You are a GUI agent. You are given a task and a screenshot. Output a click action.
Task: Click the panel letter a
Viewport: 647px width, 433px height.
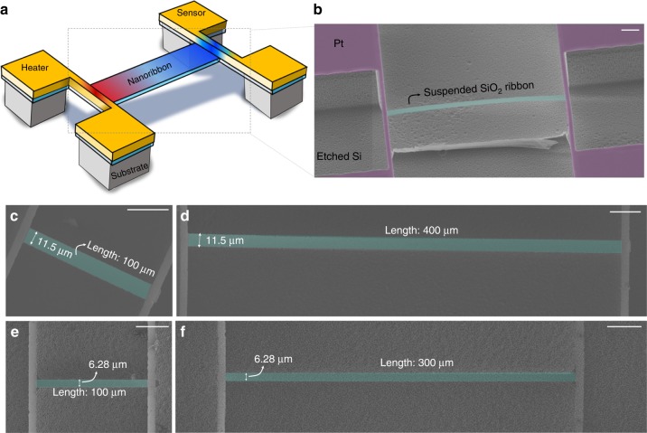8,7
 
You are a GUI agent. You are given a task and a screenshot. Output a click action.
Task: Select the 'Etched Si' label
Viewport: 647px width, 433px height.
341,158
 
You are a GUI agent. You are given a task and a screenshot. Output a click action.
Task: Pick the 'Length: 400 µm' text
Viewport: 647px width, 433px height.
420,231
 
